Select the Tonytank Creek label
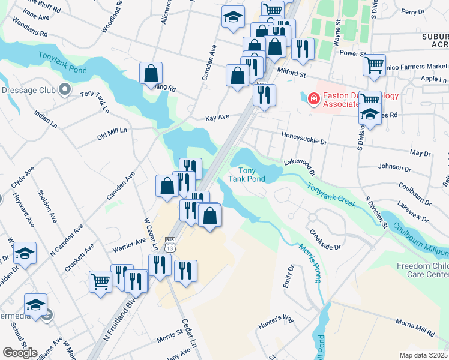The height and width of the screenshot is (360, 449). tap(332, 196)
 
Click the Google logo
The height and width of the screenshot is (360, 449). tap(20, 353)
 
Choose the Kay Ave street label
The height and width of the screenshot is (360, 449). tap(217, 119)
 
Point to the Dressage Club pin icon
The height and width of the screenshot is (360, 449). tap(65, 91)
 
